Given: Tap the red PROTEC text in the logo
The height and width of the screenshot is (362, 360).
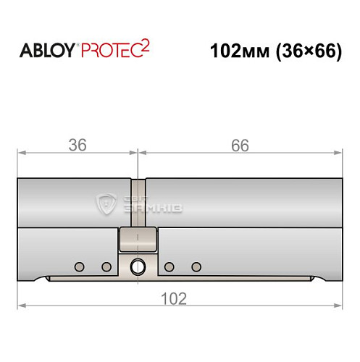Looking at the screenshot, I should [x=109, y=51].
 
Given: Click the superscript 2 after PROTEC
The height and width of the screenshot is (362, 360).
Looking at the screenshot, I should [x=145, y=46].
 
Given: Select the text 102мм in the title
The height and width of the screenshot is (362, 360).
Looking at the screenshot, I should [x=232, y=51].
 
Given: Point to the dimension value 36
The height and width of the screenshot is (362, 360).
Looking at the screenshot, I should [x=77, y=145].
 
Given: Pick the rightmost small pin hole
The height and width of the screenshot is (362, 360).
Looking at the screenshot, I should [x=194, y=267].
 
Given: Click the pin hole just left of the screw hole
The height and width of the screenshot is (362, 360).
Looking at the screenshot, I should [x=106, y=267].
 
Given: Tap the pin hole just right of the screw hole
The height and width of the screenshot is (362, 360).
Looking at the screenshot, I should [x=168, y=267].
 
